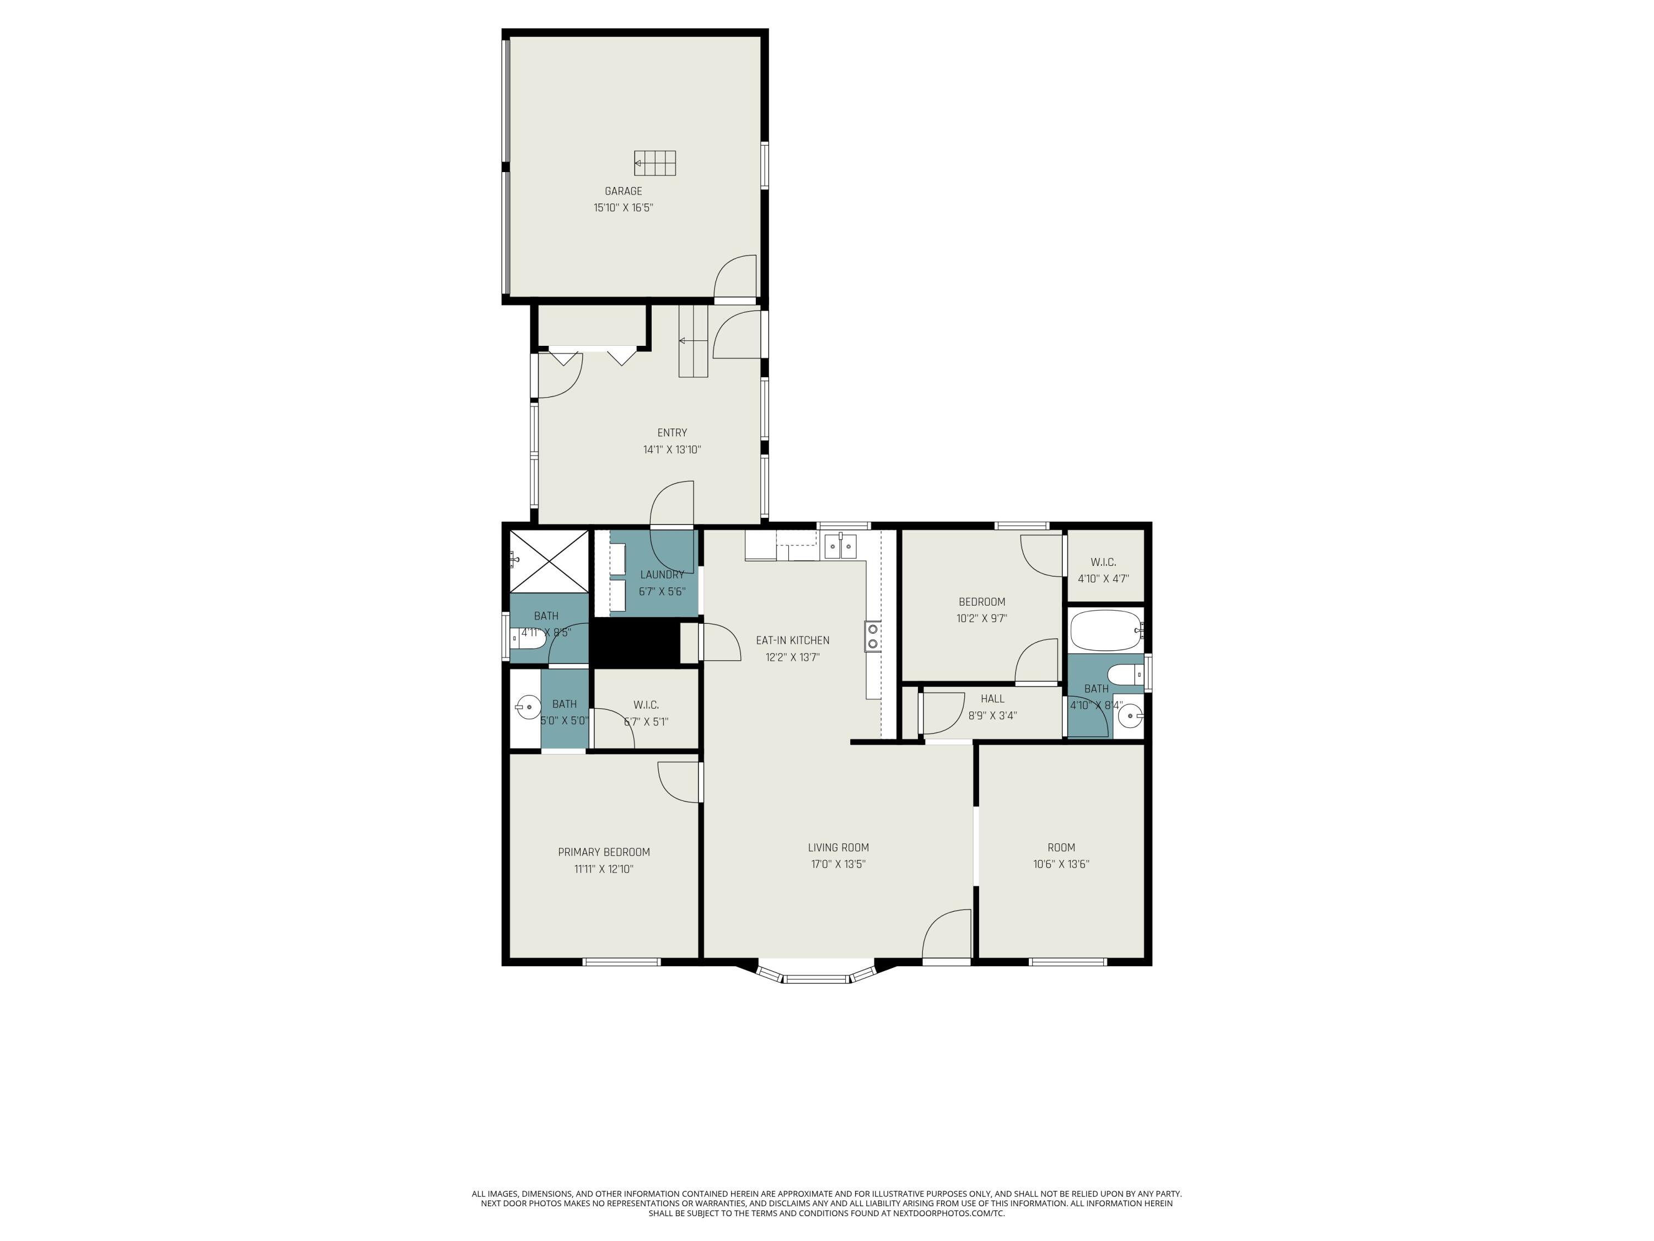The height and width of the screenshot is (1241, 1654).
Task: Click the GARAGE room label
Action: [623, 191]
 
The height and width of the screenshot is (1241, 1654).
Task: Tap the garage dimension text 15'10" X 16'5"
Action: [623, 208]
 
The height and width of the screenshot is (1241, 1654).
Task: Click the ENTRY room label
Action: [672, 433]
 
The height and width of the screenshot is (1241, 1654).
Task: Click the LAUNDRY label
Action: [662, 575]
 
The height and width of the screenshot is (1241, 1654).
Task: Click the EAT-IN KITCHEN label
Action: [792, 641]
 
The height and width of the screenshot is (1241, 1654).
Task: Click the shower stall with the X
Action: [549, 560]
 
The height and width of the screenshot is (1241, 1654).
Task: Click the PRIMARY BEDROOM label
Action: [603, 853]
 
